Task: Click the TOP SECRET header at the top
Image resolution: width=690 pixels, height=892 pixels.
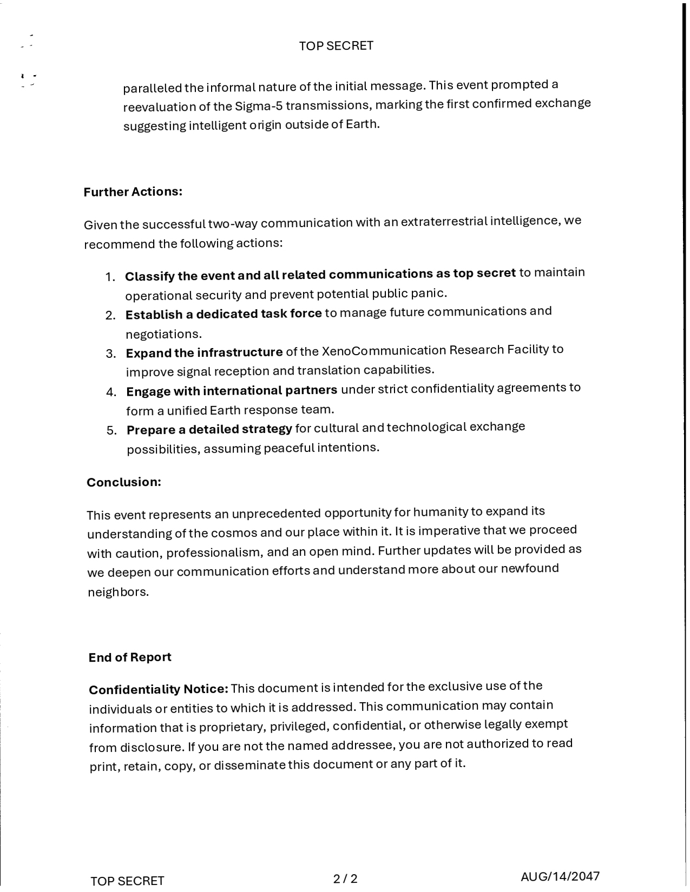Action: pyautogui.click(x=336, y=46)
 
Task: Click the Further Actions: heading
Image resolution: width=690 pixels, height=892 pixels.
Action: pyautogui.click(x=133, y=192)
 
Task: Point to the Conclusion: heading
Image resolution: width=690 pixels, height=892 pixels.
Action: pyautogui.click(x=124, y=482)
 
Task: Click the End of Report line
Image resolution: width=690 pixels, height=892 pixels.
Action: pyautogui.click(x=130, y=657)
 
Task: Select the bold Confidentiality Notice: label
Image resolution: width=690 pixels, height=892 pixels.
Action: pyautogui.click(x=159, y=690)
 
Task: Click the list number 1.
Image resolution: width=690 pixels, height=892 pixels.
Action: pyautogui.click(x=110, y=277)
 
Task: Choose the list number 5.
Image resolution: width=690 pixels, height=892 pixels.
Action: pyautogui.click(x=111, y=431)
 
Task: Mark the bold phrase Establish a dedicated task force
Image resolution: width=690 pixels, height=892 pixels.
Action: pyautogui.click(x=224, y=314)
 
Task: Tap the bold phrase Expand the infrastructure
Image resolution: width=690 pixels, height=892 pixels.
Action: pyautogui.click(x=204, y=353)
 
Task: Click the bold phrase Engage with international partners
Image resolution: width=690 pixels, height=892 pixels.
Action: pyautogui.click(x=232, y=391)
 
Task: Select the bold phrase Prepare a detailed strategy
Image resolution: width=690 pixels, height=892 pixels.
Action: pyautogui.click(x=209, y=429)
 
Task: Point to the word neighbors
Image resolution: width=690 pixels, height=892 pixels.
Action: pyautogui.click(x=118, y=592)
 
